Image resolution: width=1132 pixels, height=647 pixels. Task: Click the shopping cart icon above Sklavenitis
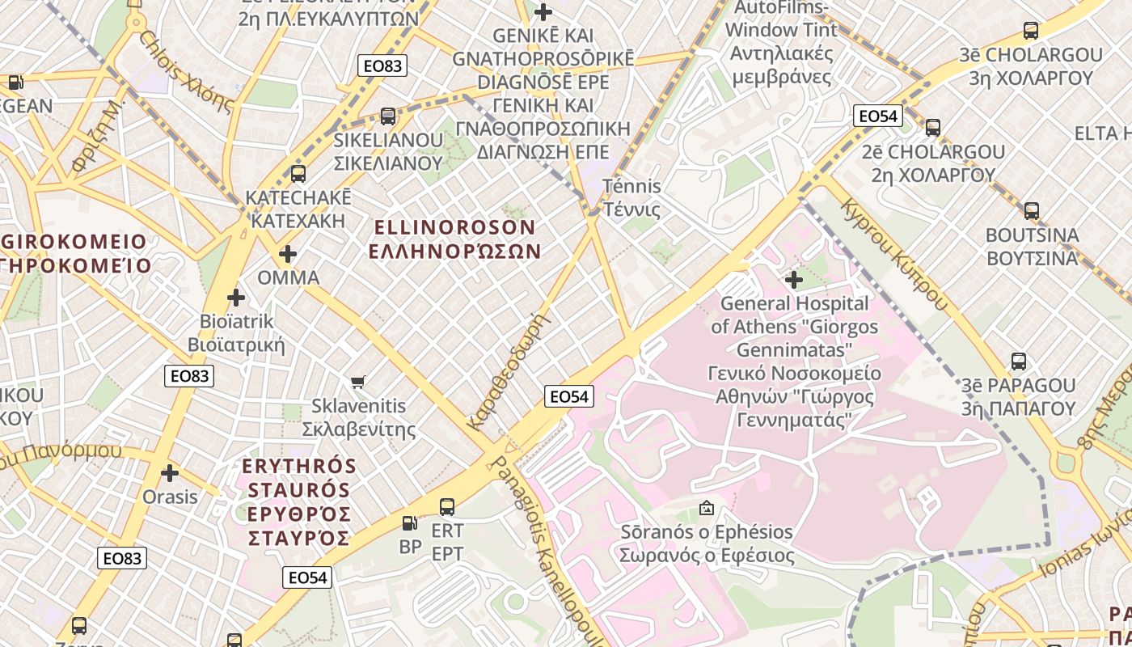pos(357,381)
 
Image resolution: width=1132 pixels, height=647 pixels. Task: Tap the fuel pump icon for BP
pos(410,523)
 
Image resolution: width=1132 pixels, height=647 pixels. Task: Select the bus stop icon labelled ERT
pos(446,507)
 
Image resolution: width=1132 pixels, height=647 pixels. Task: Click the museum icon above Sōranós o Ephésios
pos(706,508)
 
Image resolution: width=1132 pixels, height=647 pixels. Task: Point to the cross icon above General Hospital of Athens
pos(793,280)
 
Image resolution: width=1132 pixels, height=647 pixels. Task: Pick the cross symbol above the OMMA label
pos(288,254)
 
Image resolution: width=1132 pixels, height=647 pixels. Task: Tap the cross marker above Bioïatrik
pos(235,298)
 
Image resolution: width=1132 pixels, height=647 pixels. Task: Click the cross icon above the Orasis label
pos(170,472)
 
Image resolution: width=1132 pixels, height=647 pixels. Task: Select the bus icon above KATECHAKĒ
pos(298,173)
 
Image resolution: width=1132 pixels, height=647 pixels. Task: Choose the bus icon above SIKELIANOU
pos(388,116)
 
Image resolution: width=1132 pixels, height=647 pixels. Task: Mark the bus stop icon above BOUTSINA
pos(1031,211)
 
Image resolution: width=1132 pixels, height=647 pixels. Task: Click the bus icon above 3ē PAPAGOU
pos(1018,362)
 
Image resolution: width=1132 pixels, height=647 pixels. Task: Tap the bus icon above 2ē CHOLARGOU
pos(933,128)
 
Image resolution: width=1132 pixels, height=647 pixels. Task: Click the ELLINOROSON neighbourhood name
pos(454,239)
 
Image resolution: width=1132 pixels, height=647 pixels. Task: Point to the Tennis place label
pos(631,197)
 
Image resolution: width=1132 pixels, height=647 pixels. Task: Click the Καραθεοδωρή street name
pos(509,370)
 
